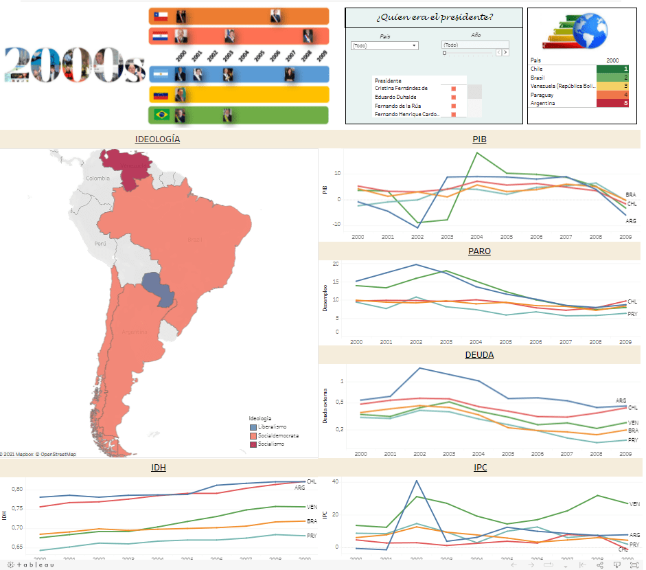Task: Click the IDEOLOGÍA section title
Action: [158, 139]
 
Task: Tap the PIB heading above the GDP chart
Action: [479, 139]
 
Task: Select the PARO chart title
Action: [479, 251]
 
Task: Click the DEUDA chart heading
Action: [479, 355]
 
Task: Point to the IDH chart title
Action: [159, 468]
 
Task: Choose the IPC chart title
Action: [479, 468]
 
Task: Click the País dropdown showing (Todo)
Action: [384, 45]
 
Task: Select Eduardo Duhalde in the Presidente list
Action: [395, 97]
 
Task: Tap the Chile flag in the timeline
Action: [160, 16]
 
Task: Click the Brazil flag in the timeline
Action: [161, 115]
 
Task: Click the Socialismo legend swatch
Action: [253, 444]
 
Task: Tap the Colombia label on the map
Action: [97, 179]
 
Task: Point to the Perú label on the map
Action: [100, 243]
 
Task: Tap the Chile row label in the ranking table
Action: [537, 69]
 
